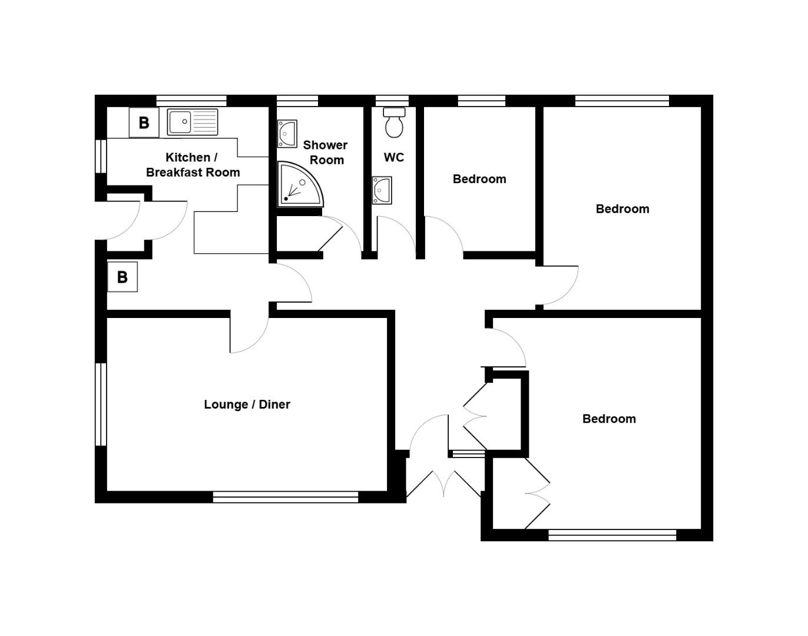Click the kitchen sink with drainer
click(192, 122)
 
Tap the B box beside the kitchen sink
click(144, 122)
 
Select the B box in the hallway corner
click(122, 277)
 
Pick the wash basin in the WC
click(382, 190)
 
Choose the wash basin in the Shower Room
click(287, 134)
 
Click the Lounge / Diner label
click(247, 405)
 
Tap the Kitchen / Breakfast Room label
click(193, 165)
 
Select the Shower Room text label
click(326, 153)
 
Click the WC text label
click(394, 157)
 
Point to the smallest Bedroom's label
click(479, 179)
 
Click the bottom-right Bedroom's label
click(609, 419)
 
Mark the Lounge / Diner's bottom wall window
click(286, 497)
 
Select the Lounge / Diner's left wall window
click(101, 404)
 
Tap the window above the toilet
click(392, 101)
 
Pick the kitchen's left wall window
click(101, 156)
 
